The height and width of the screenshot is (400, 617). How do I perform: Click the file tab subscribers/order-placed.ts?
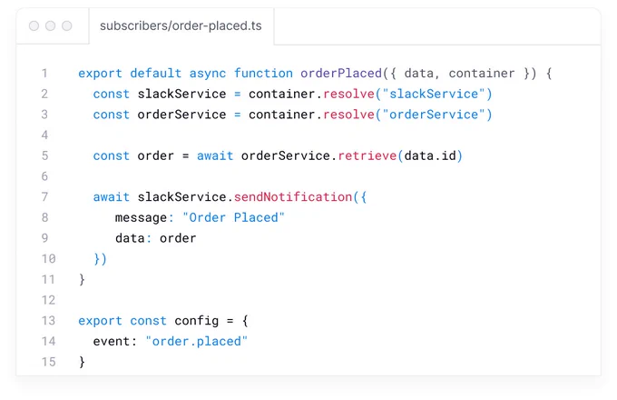coord(181,26)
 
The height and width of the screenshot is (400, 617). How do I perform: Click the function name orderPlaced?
coord(341,74)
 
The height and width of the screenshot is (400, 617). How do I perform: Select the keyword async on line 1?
coord(208,74)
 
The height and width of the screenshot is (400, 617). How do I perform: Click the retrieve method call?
coord(367,155)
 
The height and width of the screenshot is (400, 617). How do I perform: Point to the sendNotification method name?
coord(293,196)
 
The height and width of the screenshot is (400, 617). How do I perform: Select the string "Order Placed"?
coord(233,217)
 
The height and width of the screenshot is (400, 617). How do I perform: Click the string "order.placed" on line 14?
coord(196,341)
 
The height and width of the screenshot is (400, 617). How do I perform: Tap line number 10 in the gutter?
coord(48,259)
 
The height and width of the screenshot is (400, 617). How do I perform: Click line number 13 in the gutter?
coord(48,321)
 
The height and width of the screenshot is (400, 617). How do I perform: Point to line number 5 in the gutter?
coord(44,155)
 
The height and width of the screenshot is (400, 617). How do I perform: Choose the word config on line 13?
coord(196,321)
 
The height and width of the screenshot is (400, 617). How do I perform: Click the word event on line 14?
coord(112,341)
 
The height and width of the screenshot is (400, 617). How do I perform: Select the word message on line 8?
coord(141,217)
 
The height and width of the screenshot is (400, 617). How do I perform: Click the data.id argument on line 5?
coord(430,155)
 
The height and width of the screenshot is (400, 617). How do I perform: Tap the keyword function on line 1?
coord(263,74)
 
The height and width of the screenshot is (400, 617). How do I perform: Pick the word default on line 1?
coord(156,74)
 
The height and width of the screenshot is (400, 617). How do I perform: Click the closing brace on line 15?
coord(82,362)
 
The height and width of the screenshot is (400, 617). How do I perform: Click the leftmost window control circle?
coord(34,26)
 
